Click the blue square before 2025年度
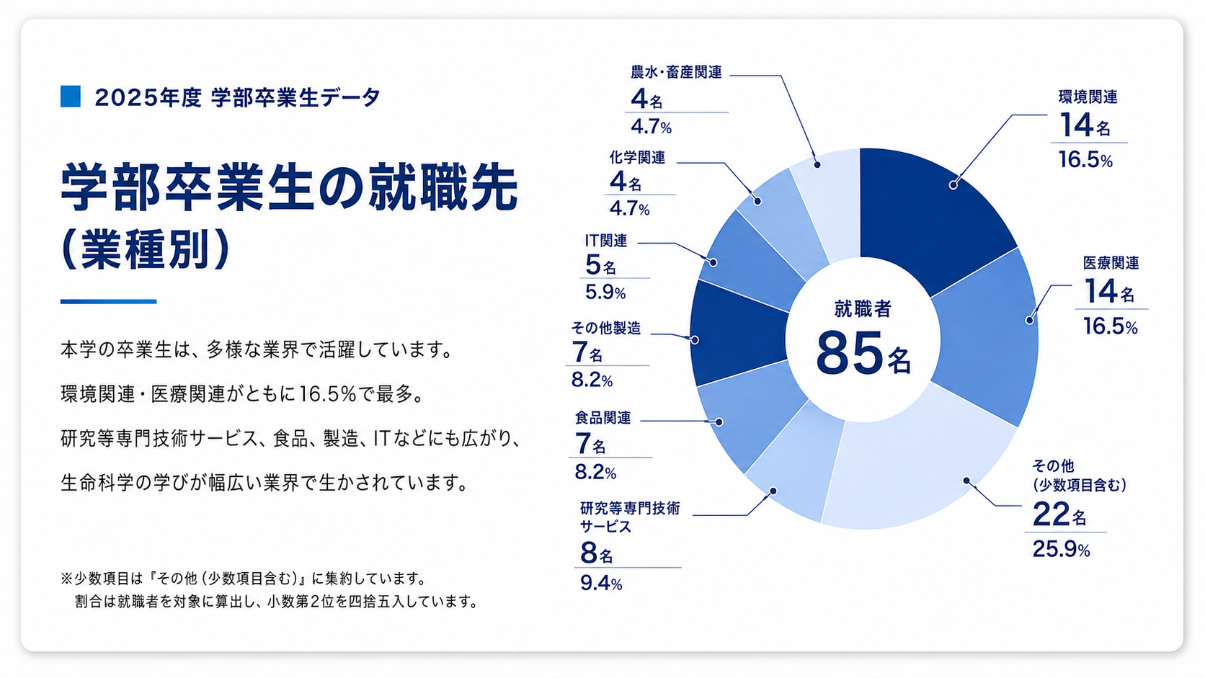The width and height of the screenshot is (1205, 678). tap(71, 97)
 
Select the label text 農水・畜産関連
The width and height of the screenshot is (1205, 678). tap(676, 72)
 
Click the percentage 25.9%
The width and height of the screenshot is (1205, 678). tap(1061, 549)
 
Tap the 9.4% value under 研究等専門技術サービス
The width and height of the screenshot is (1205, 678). tap(601, 583)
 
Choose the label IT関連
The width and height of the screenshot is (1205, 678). tap(606, 241)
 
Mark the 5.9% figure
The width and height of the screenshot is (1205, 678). tap(605, 292)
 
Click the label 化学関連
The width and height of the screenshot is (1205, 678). tap(638, 158)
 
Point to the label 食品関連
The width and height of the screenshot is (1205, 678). tap(602, 417)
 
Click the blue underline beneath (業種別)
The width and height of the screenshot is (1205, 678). tap(108, 302)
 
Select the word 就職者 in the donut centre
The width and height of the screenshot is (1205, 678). tap(863, 308)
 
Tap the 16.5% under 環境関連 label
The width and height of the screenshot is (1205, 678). tap(1085, 160)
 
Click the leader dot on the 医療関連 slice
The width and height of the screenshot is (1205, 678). tap(1030, 321)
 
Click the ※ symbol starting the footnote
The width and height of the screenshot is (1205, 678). tap(66, 579)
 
